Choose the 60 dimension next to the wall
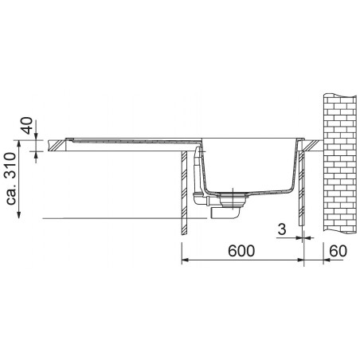337,251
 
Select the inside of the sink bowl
247,163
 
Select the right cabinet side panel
300,191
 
